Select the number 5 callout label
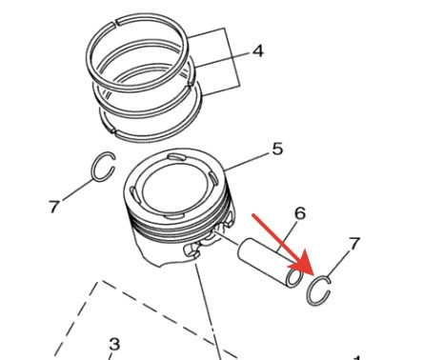tap(277, 149)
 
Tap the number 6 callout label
tap(299, 213)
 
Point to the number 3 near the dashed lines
tap(114, 343)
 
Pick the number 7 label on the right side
tap(354, 244)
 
